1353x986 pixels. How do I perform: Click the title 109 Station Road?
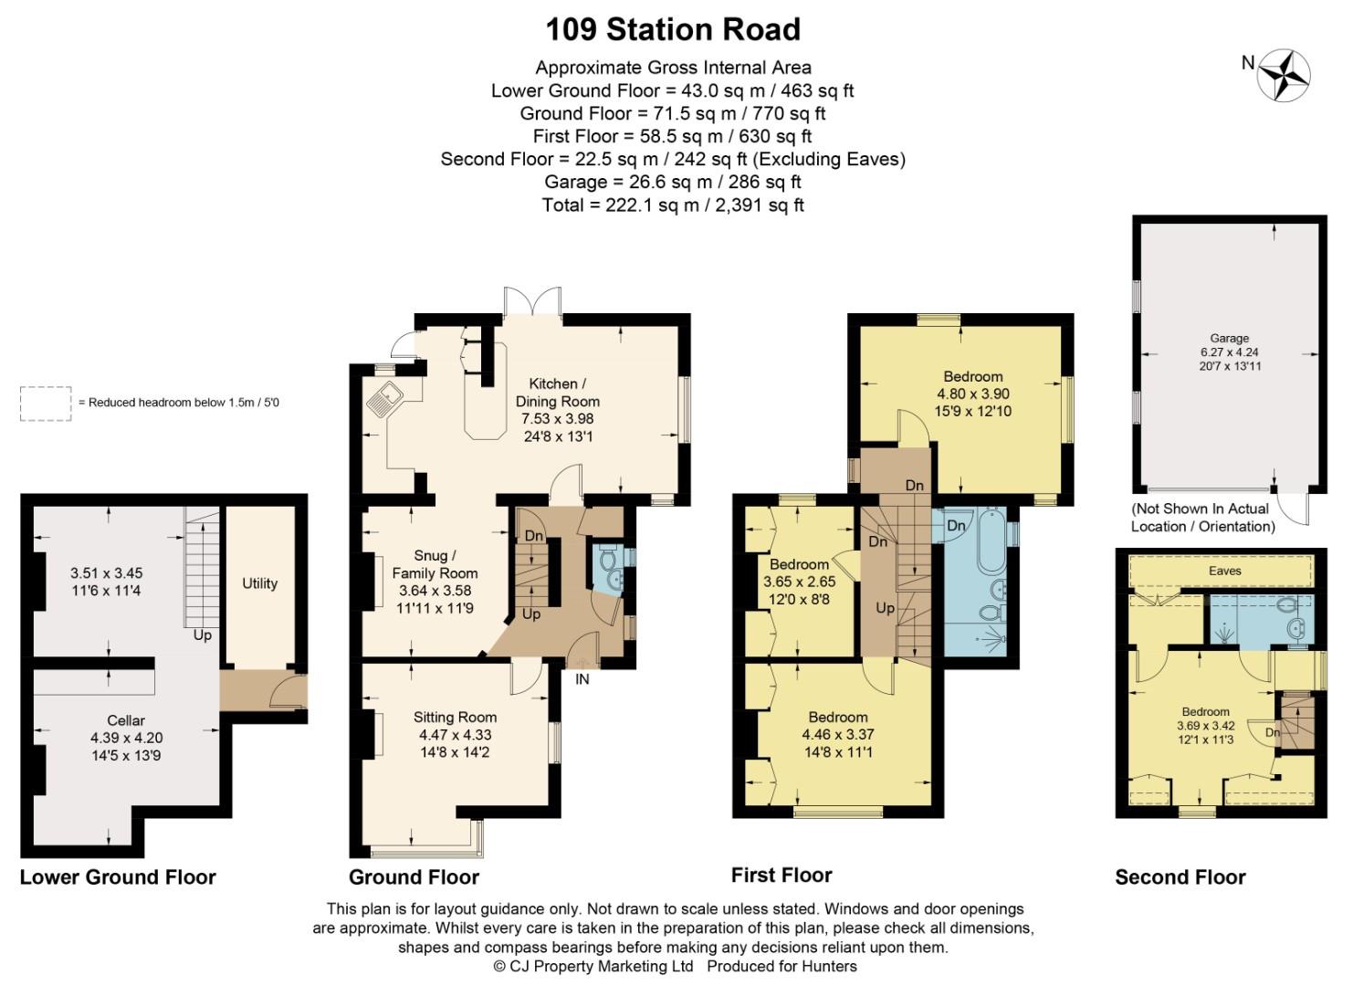[673, 29]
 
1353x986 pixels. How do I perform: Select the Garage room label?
[1229, 338]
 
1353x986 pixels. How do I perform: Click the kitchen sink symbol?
[383, 398]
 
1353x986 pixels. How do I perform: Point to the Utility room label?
[259, 583]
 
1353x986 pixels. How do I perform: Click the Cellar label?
[126, 720]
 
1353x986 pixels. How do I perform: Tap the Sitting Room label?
[455, 718]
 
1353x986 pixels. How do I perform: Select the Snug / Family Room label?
[435, 564]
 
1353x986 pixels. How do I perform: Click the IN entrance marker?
[582, 679]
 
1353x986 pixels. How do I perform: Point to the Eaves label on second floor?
[1224, 571]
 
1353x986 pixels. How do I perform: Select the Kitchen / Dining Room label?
[558, 392]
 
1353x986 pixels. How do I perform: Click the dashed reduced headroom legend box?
[46, 404]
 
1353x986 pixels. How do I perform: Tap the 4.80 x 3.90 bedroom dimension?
[973, 393]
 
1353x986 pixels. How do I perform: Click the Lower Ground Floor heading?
[118, 877]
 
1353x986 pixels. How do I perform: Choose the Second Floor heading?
[1180, 877]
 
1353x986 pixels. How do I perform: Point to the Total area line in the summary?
[673, 205]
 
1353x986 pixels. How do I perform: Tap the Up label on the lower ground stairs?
[202, 635]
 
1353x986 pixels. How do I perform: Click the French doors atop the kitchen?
[532, 301]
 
